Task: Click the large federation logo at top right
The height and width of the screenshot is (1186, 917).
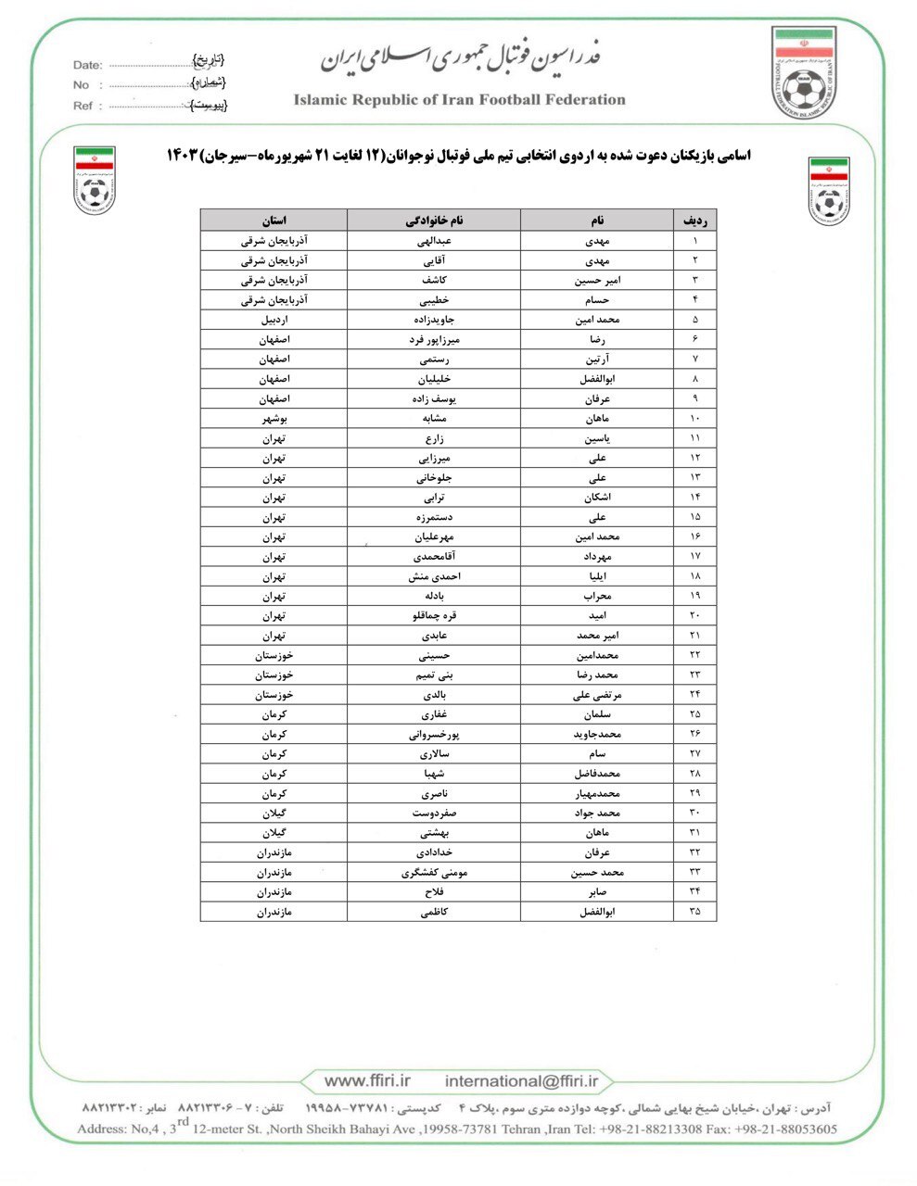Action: (x=804, y=74)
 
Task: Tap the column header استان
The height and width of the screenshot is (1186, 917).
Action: (x=274, y=221)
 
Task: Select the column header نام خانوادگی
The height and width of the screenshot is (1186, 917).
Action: (x=434, y=221)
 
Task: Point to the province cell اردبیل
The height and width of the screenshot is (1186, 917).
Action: (x=274, y=320)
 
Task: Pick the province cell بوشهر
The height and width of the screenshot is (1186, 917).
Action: (x=274, y=418)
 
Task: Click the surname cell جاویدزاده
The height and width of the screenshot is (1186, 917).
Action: (x=434, y=320)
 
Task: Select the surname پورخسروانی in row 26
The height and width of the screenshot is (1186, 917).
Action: (x=434, y=734)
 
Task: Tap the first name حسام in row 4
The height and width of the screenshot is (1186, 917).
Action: (x=596, y=300)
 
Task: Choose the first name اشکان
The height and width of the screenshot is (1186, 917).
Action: (x=596, y=497)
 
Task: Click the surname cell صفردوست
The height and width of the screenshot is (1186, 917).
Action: (x=434, y=813)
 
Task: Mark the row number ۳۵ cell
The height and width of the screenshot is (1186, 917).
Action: (x=695, y=911)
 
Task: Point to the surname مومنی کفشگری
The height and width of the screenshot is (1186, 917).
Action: (x=434, y=872)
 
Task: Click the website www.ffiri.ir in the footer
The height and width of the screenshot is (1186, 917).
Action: (x=367, y=1081)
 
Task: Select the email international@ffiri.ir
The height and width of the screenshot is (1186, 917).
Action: (x=522, y=1081)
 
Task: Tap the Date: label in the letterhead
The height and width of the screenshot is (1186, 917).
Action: (x=87, y=65)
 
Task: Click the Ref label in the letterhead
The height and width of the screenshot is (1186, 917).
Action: (x=83, y=106)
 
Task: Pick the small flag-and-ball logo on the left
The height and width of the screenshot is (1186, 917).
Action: (x=95, y=180)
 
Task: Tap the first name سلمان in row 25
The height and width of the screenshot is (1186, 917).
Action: (x=596, y=714)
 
